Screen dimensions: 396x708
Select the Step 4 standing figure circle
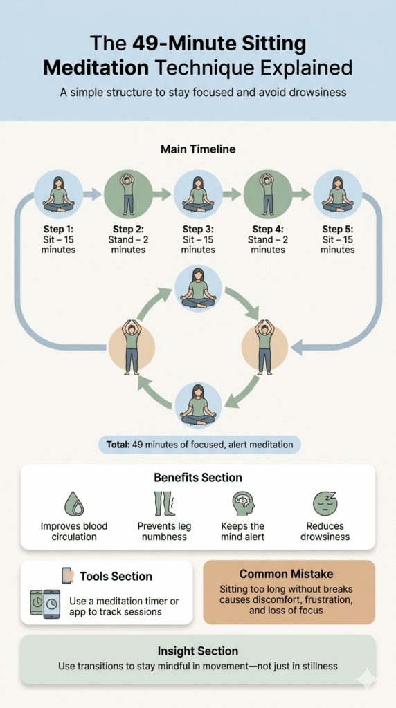coord(268,194)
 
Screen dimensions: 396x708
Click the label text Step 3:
coord(198,229)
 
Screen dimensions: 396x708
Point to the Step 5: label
coord(338,229)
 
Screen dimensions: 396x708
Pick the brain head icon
coord(243,504)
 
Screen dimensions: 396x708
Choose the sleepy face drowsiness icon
coord(325,503)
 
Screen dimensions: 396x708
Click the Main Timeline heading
coord(198,149)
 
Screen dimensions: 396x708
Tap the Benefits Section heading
coord(198,477)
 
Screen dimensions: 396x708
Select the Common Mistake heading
coord(286,574)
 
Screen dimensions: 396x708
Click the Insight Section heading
coord(198,651)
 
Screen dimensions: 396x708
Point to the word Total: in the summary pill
coord(118,445)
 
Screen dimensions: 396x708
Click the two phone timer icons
coord(45,604)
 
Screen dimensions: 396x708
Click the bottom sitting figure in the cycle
coord(198,404)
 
